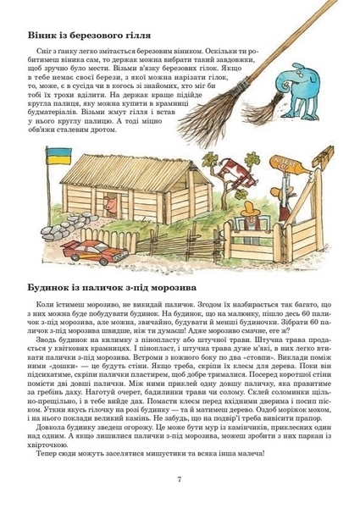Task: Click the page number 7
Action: click(180, 479)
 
